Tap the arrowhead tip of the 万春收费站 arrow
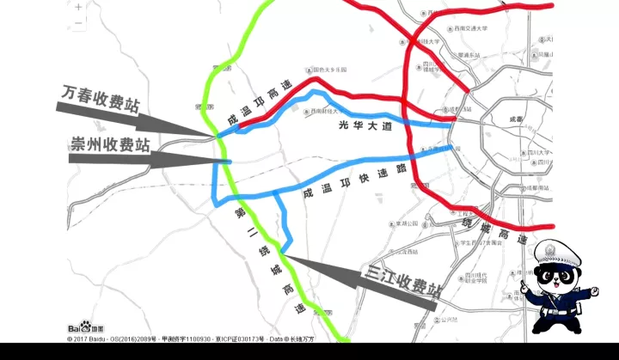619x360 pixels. pos(215,135)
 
